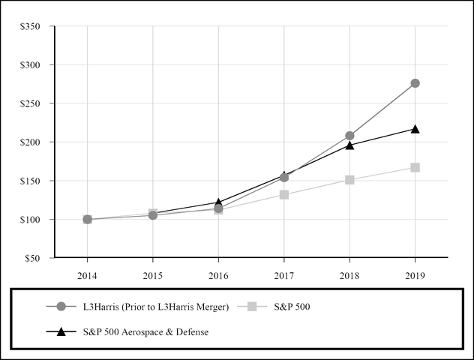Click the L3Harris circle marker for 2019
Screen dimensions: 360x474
(415, 83)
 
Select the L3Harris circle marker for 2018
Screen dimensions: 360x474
(349, 136)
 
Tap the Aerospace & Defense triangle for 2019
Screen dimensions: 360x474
(415, 129)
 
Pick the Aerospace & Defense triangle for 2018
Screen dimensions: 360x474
(349, 145)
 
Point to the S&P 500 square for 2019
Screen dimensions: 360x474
(415, 167)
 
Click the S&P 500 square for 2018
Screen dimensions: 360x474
(349, 180)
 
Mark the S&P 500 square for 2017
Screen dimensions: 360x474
(284, 194)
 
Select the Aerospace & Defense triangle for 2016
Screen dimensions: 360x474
(218, 202)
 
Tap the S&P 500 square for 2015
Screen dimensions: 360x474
(153, 214)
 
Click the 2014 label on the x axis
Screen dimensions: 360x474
(88, 275)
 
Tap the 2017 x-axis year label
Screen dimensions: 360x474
(284, 275)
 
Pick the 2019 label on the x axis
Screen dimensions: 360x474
(415, 275)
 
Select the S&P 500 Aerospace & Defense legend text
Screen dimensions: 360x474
(145, 331)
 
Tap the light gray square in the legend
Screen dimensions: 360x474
(253, 306)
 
